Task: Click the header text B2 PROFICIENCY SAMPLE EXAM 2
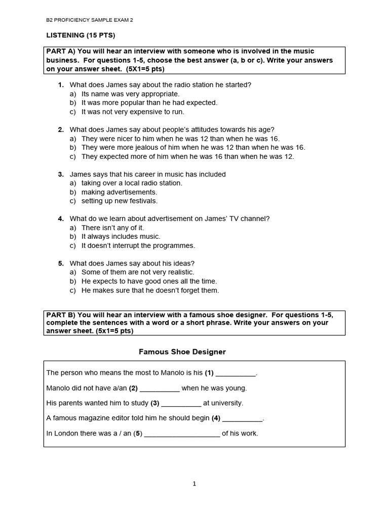click(x=90, y=20)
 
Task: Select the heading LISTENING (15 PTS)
click(x=81, y=35)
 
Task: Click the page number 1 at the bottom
click(x=194, y=484)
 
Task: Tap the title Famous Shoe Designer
click(x=182, y=352)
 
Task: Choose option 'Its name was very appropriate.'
click(x=130, y=94)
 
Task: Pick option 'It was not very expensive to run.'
click(x=133, y=112)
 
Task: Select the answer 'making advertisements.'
click(x=119, y=192)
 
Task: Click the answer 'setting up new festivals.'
click(x=120, y=201)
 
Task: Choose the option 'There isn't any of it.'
click(x=112, y=228)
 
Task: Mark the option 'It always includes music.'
click(x=121, y=236)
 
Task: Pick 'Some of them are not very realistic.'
click(x=138, y=272)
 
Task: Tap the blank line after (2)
click(x=160, y=388)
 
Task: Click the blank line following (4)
click(x=243, y=419)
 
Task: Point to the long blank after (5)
click(x=182, y=434)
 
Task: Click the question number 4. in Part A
click(x=61, y=219)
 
